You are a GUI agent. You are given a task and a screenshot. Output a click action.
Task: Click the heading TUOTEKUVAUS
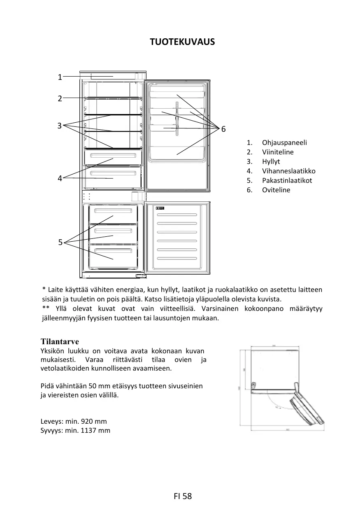(x=182, y=42)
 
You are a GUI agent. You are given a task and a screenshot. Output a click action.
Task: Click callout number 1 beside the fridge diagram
(x=60, y=77)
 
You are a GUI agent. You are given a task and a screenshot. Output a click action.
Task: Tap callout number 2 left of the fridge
(x=60, y=98)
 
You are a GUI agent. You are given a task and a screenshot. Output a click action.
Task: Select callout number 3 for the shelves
(x=60, y=126)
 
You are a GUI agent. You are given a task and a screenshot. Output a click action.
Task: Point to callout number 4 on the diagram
(x=60, y=178)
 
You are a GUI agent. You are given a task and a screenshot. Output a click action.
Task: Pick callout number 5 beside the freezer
(x=60, y=243)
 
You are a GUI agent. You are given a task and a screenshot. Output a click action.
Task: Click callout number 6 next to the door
(x=223, y=129)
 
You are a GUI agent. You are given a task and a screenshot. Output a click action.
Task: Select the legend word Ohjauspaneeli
(x=284, y=143)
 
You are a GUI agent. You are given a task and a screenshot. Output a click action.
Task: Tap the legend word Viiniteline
(x=278, y=152)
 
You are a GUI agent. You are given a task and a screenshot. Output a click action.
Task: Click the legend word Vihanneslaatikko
(x=288, y=171)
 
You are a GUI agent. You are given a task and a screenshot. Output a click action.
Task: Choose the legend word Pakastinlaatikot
(x=287, y=181)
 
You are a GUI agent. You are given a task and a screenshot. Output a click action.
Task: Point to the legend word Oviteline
(x=276, y=190)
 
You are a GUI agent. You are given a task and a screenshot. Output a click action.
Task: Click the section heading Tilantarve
(x=60, y=342)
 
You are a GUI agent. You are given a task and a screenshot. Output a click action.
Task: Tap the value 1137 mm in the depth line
(x=96, y=431)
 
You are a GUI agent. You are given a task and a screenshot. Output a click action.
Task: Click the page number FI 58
(x=183, y=496)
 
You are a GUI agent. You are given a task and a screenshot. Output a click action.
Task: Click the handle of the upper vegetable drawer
(x=113, y=156)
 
